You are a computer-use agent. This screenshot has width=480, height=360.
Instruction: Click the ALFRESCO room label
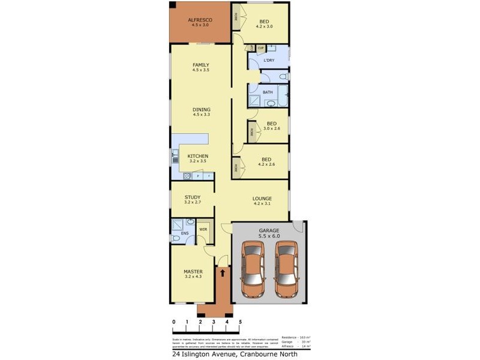click(x=200, y=20)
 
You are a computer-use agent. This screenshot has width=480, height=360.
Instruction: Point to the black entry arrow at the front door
click(x=223, y=274)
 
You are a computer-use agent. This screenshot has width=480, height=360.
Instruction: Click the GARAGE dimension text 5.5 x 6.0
click(x=269, y=236)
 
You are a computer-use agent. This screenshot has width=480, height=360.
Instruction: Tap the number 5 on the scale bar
click(x=240, y=322)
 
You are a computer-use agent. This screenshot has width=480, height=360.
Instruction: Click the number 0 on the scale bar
click(x=174, y=322)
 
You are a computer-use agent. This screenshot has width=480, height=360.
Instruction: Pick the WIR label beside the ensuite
click(x=203, y=229)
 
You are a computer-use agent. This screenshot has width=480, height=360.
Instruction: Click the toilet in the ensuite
click(x=190, y=223)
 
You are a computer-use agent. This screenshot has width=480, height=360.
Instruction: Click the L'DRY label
click(x=269, y=61)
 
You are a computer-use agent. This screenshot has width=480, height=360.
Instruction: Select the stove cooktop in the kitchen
click(x=187, y=176)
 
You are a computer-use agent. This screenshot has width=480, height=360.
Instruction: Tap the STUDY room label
click(x=192, y=197)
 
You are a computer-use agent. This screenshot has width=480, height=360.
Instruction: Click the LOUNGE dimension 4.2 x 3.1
click(x=262, y=205)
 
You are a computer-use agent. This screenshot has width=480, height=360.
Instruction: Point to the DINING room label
click(x=201, y=109)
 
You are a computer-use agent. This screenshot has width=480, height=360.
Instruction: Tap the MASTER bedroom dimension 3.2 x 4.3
click(x=193, y=278)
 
